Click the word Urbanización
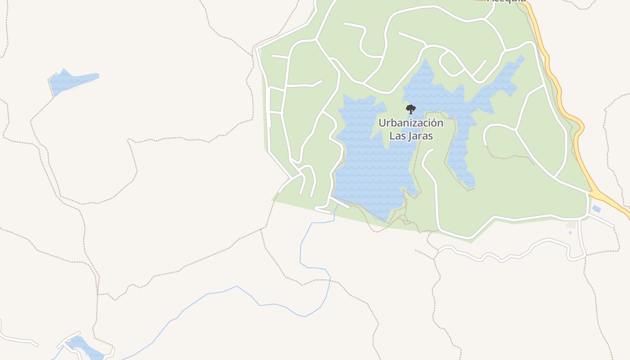coord(410,123)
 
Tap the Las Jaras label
coord(410,135)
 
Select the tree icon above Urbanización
coord(410,109)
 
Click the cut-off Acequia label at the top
coord(507,1)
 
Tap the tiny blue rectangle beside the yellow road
coord(596,209)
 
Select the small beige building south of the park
coord(571,224)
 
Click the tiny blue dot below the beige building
coord(570,233)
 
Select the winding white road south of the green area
coord(508,256)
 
